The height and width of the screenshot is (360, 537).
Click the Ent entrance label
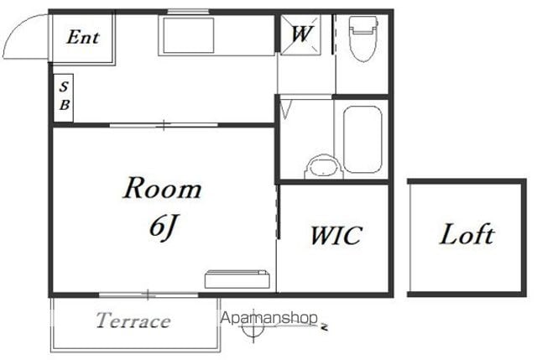pyautogui.click(x=83, y=37)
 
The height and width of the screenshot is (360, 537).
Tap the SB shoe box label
pyautogui.click(x=64, y=97)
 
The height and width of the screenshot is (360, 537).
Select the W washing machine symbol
pyautogui.click(x=300, y=34)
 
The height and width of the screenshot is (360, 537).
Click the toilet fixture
pyautogui.click(x=363, y=39)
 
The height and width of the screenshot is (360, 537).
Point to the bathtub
pyautogui.click(x=362, y=139)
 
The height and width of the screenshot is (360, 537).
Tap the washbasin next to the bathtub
pyautogui.click(x=324, y=167)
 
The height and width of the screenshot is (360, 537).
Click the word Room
pyautogui.click(x=162, y=188)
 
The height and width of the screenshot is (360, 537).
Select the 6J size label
pyautogui.click(x=164, y=227)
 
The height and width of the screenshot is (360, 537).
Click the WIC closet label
pyautogui.click(x=336, y=236)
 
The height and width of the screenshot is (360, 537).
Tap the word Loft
pyautogui.click(x=467, y=234)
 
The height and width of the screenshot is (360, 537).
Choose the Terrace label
pyautogui.click(x=133, y=321)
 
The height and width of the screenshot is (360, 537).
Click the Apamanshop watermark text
pyautogui.click(x=268, y=318)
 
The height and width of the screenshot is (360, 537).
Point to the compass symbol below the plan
pyautogui.click(x=253, y=328)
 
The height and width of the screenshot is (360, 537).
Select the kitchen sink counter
pyautogui.click(x=217, y=35)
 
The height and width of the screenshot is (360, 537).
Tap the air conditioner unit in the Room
pyautogui.click(x=237, y=279)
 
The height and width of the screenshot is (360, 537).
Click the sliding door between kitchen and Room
pyautogui.click(x=164, y=125)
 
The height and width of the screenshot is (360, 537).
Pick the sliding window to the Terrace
pyautogui.click(x=149, y=295)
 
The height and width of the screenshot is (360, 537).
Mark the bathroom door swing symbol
pyautogui.click(x=285, y=107)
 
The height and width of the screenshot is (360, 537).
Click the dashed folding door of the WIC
pyautogui.click(x=278, y=211)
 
